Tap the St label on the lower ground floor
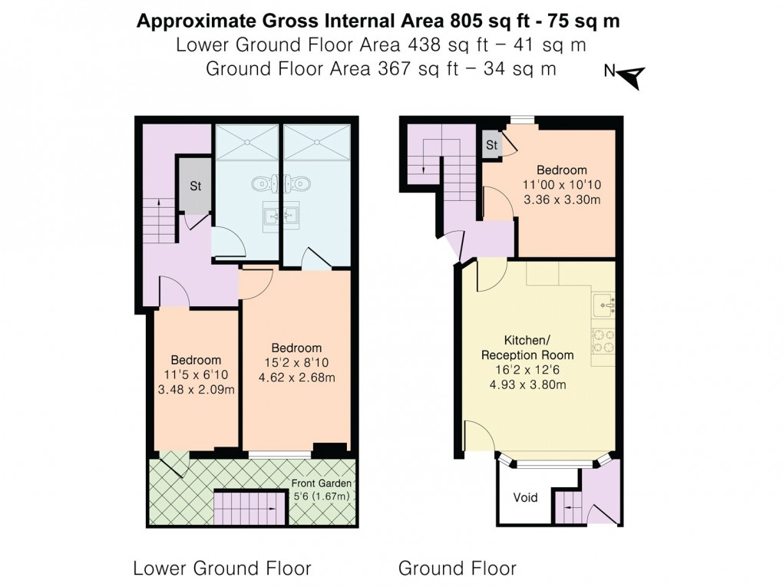click(195, 185)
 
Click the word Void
click(526, 497)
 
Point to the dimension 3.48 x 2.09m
click(196, 389)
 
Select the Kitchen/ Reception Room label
click(527, 348)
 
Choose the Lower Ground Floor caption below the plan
click(222, 569)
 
